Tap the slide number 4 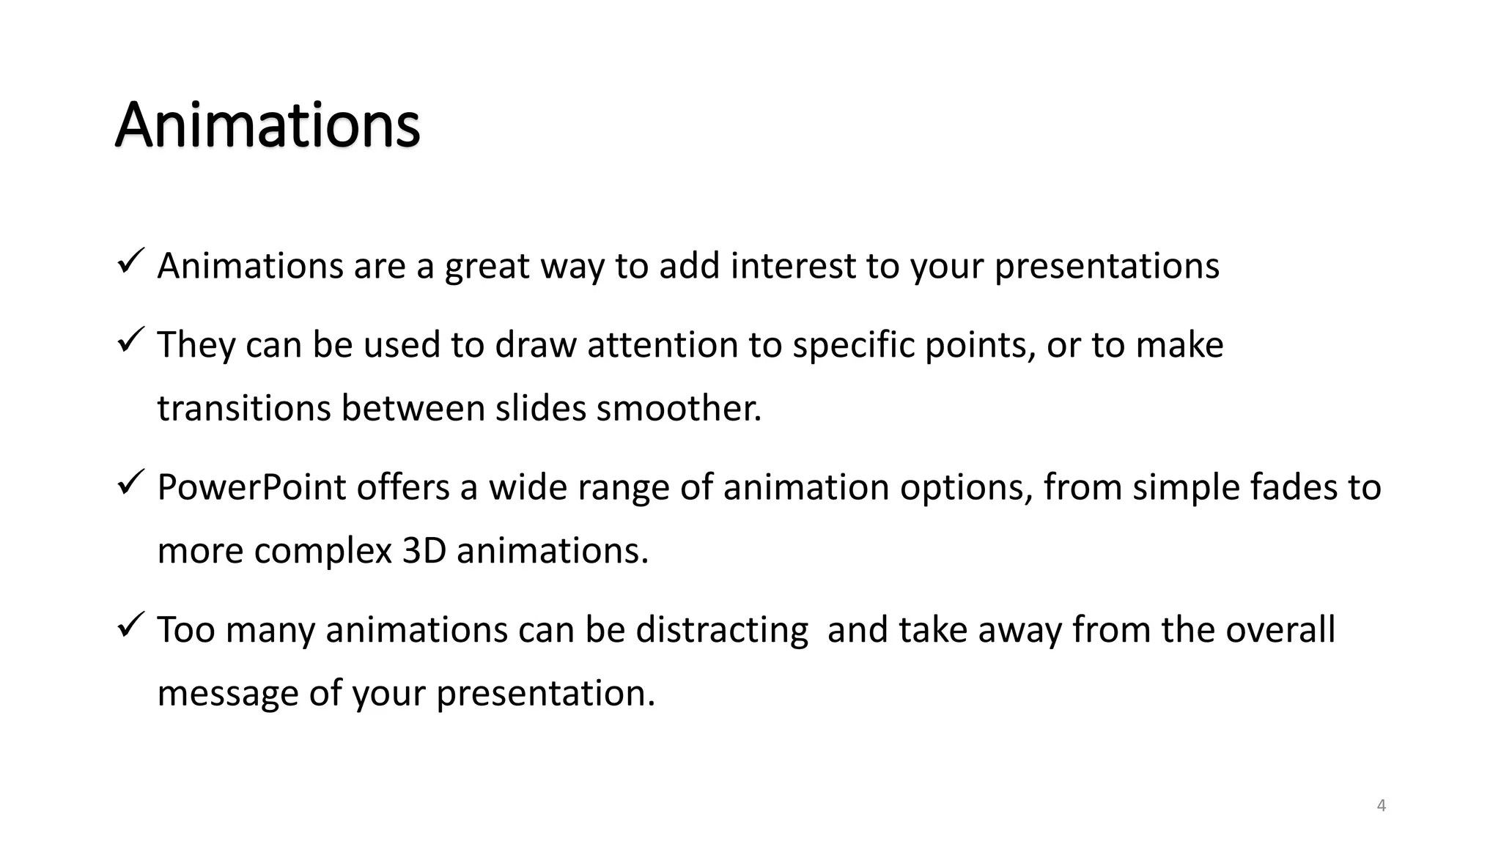click(x=1382, y=806)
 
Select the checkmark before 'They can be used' click(x=131, y=340)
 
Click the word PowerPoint click(x=251, y=487)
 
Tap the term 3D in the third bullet click(x=424, y=551)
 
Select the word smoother click(x=679, y=408)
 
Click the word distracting click(x=721, y=630)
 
